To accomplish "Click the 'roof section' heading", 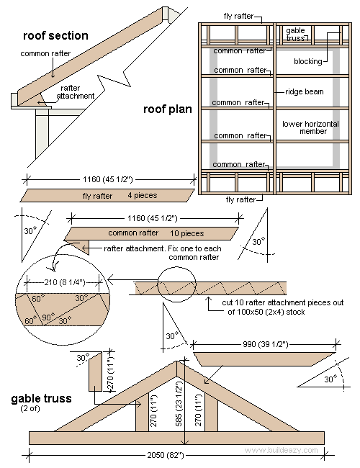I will click(55, 35).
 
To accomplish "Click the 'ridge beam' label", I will click(305, 92).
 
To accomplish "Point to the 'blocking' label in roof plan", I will click(307, 62).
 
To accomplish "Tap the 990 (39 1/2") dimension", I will click(266, 345).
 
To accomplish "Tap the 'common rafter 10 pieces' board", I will click(151, 233).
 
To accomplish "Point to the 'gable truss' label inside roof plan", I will click(295, 35).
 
